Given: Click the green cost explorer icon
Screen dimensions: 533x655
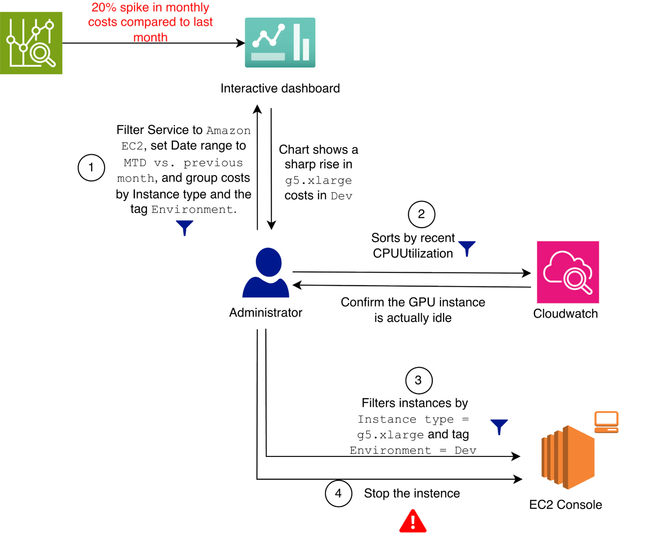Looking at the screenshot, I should [x=31, y=43].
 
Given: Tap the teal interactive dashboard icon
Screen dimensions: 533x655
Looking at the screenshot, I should [x=280, y=43].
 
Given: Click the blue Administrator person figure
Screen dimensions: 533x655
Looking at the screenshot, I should [x=266, y=273].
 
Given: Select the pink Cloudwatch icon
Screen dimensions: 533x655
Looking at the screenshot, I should [x=568, y=272].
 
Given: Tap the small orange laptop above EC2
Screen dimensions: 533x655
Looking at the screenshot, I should [x=606, y=422].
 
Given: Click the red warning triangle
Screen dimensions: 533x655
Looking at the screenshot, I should [x=413, y=521].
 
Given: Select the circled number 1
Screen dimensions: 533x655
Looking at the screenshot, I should [x=91, y=168].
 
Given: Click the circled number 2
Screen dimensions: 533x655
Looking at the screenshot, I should [x=421, y=214].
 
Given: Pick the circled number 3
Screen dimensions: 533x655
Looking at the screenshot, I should [x=419, y=380].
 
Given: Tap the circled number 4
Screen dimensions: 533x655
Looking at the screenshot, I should [x=338, y=493].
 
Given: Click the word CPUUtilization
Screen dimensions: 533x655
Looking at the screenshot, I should [x=413, y=254].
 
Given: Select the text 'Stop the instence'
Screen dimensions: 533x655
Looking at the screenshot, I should [x=412, y=493].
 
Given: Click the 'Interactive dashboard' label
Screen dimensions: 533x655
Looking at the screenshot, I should [x=280, y=89].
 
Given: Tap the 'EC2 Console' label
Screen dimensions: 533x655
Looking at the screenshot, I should [x=566, y=504].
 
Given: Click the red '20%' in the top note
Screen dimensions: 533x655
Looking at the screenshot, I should [x=104, y=7].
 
